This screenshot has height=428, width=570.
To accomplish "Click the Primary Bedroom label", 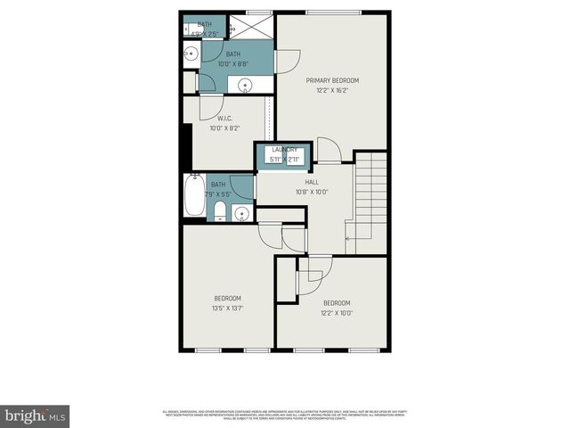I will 331,79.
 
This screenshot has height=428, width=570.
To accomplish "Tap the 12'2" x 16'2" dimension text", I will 331,89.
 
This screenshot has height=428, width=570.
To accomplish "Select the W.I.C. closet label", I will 224,119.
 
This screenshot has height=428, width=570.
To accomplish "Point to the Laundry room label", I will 285,150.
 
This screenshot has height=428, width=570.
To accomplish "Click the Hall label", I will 312,182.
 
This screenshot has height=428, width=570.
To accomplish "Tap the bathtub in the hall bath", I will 194,196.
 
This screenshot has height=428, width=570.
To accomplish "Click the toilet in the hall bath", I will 220,211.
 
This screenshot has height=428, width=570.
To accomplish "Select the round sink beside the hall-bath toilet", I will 241,213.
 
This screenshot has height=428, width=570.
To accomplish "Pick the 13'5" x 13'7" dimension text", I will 227,309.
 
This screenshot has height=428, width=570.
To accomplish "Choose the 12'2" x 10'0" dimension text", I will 337,312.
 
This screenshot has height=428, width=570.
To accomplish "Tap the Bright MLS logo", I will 35,416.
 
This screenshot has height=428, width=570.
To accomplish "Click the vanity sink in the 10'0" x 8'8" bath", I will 245,86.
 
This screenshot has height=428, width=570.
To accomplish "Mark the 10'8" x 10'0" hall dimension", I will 312,192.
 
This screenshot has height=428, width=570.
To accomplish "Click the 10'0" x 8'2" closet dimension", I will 224,128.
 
